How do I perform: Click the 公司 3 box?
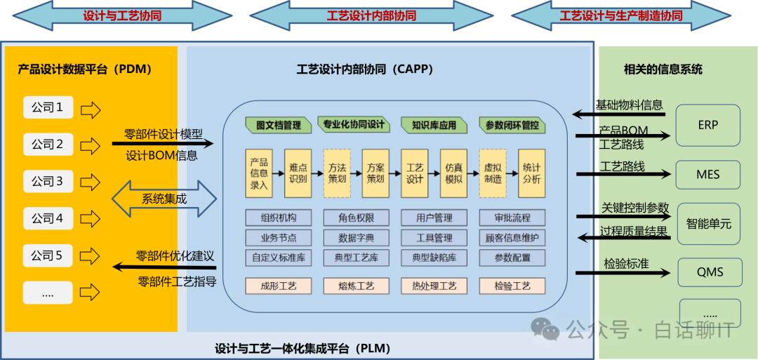coord(48,182)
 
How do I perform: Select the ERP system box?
coord(707,126)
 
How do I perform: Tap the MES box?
coord(707,174)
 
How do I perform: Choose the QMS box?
coord(710,272)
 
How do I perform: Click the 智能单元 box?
coord(708,224)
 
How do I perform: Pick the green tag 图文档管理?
coord(279,125)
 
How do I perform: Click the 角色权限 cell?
coord(357,218)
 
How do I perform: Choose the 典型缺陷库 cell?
coord(434,258)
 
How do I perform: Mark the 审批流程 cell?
coord(512,218)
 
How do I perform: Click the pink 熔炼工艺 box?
coord(357,286)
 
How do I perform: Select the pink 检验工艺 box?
coord(512,286)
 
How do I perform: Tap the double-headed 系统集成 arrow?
coord(164,199)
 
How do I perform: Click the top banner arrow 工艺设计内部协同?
coord(371,15)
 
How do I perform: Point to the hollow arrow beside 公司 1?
coord(91,109)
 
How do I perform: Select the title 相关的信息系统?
coord(663,69)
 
